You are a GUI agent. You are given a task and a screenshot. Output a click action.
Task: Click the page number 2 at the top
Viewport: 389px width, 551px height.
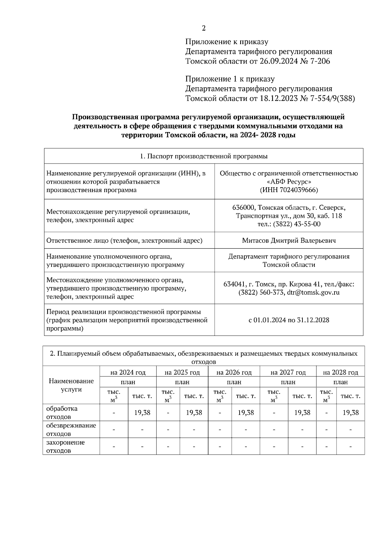click(x=204, y=28)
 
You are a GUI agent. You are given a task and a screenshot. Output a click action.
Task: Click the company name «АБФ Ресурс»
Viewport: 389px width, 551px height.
click(x=289, y=182)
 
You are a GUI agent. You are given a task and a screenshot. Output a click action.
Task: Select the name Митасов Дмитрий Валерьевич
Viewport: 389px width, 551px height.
click(x=289, y=240)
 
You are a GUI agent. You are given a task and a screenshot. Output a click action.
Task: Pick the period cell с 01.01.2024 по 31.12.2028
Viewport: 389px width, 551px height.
click(x=289, y=320)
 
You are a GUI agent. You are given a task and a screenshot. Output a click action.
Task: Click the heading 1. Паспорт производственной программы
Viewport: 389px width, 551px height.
click(x=204, y=156)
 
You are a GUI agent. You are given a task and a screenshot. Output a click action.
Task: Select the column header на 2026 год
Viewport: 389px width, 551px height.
click(x=234, y=372)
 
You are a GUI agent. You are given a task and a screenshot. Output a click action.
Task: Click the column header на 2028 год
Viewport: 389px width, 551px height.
click(x=340, y=372)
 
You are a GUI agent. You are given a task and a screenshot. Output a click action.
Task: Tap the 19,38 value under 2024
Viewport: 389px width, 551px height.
click(x=142, y=412)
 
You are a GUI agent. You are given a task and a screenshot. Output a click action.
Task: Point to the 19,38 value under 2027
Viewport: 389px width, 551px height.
click(x=302, y=412)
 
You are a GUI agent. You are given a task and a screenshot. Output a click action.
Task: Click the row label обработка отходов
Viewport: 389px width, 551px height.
click(x=62, y=412)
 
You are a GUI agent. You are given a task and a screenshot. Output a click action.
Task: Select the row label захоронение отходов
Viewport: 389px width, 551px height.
click(x=65, y=447)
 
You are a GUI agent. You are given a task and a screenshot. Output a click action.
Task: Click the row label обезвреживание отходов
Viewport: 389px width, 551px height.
click(x=71, y=429)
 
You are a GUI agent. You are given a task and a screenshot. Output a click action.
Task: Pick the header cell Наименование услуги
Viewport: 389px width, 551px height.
click(x=71, y=385)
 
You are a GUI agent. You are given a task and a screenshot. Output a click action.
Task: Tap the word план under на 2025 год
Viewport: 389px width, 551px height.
click(x=182, y=382)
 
